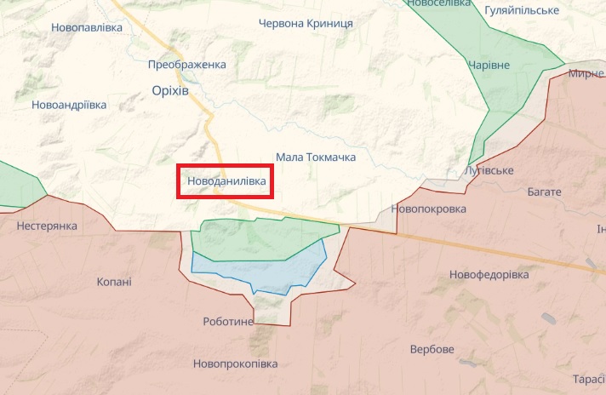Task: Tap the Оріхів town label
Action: point(169,90)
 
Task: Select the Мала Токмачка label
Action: point(316,157)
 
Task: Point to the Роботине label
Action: point(229,321)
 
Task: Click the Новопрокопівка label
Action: point(236,364)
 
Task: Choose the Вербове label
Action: point(432,349)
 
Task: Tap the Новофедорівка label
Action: point(489,275)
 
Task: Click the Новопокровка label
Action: point(429,209)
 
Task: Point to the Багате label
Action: point(545,192)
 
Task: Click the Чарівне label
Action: point(489,66)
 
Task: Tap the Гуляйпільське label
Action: point(521,10)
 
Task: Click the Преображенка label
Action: point(186,65)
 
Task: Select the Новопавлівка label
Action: point(87,27)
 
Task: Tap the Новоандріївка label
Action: point(69,105)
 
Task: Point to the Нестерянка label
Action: point(47,226)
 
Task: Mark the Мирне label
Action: point(586,74)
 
